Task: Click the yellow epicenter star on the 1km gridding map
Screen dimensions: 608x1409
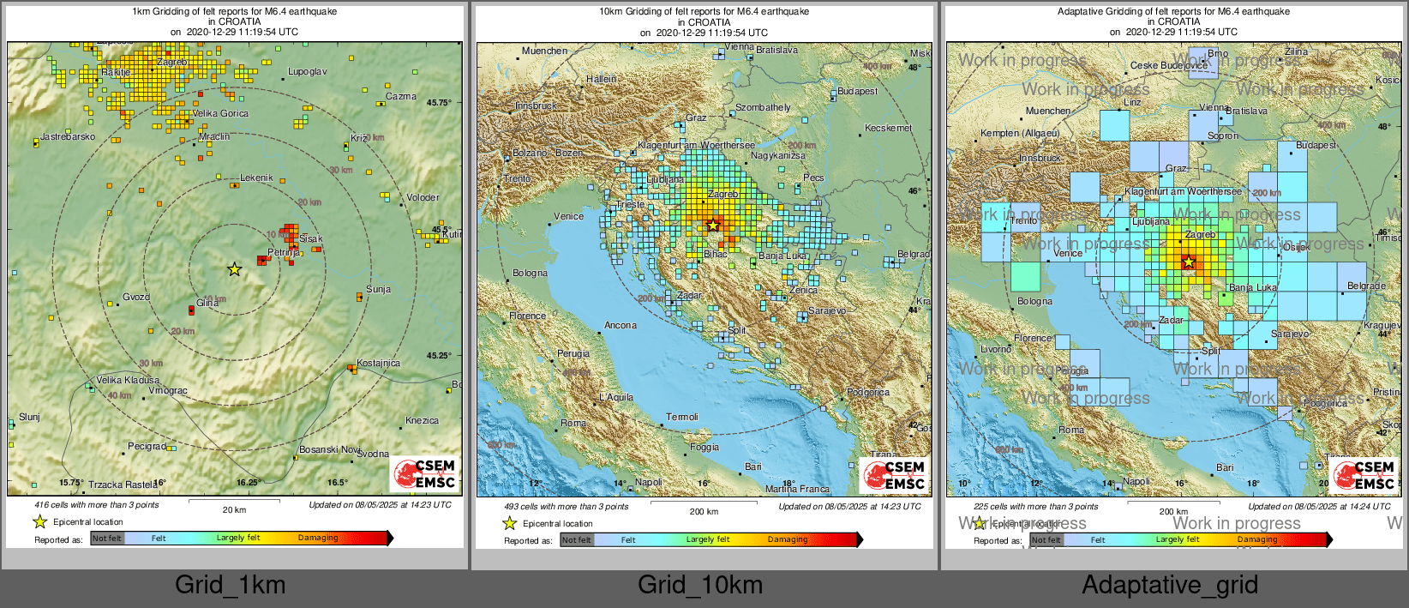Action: click(234, 269)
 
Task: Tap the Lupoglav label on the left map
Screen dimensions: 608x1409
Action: click(307, 72)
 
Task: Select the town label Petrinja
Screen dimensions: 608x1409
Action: click(284, 253)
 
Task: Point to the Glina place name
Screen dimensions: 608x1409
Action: click(207, 303)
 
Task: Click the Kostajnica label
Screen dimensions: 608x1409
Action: click(379, 363)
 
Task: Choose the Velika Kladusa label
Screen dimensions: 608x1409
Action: click(128, 380)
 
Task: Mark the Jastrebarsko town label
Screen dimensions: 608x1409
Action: click(68, 136)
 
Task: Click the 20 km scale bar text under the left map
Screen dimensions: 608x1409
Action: click(234, 509)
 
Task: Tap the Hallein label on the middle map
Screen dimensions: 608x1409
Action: click(601, 79)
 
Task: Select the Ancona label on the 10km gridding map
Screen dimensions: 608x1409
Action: click(621, 325)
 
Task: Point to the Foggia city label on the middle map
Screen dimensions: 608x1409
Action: click(704, 447)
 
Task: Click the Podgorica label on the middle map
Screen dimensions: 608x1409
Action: click(867, 392)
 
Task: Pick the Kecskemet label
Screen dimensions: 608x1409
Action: click(889, 128)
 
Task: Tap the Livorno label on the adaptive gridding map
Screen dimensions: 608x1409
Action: click(996, 349)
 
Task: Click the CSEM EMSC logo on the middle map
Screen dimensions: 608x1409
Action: click(894, 475)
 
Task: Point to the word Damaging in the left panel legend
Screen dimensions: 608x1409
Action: click(318, 538)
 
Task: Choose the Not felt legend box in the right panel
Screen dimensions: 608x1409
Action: click(1046, 539)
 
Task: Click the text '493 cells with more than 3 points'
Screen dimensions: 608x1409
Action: click(566, 506)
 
